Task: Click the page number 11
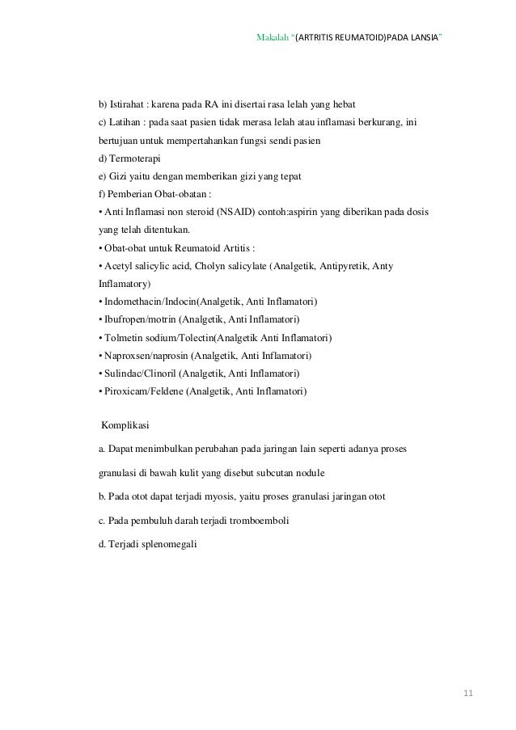coord(468,694)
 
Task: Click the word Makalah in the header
coord(272,38)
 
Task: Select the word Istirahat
coord(127,106)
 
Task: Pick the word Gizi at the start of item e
coord(117,177)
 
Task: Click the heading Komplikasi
coord(125,424)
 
